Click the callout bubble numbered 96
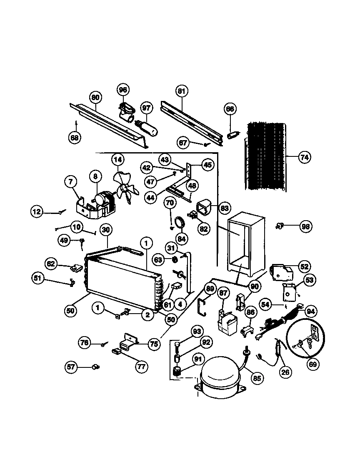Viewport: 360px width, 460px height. [122, 90]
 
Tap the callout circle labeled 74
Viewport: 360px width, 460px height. [304, 157]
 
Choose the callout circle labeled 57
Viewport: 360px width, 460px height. [72, 367]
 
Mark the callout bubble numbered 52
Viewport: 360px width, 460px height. [305, 266]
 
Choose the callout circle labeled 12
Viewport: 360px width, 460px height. [37, 212]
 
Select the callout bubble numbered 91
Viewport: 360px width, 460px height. [197, 359]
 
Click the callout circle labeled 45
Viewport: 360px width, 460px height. [207, 164]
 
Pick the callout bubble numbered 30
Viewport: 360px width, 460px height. [106, 230]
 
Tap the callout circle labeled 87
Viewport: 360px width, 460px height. [224, 292]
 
